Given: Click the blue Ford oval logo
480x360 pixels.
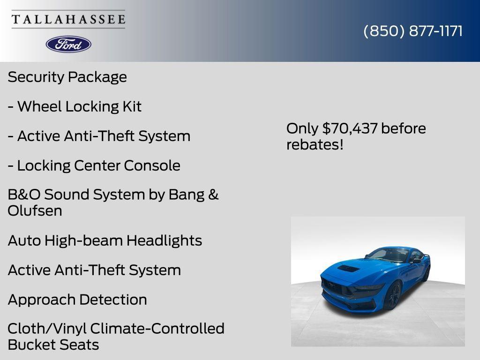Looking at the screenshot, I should coord(68,44).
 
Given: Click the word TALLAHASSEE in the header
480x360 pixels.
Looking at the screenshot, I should coord(68,19).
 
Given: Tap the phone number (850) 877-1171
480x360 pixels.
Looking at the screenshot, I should coord(413,31).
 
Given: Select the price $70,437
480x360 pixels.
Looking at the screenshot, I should coord(350,128).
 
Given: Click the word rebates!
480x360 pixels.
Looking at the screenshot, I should coord(315,145).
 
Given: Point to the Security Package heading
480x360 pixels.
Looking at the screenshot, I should coord(67,77).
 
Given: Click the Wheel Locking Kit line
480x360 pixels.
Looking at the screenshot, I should coord(75,106).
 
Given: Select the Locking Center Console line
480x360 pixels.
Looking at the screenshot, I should coord(94,165).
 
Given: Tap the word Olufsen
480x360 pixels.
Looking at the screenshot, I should coord(35,211).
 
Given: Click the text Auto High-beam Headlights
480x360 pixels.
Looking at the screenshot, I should coord(105,240).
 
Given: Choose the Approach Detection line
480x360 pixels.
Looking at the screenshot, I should coord(77,300).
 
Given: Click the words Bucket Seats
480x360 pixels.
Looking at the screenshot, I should coord(53,345).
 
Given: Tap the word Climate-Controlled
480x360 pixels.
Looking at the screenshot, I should coord(157,329).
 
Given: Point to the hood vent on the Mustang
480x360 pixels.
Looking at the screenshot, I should coord(349,269).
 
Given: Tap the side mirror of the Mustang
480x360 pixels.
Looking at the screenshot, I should coord(415,261).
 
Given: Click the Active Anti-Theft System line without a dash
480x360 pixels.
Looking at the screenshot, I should coord(94,270).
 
